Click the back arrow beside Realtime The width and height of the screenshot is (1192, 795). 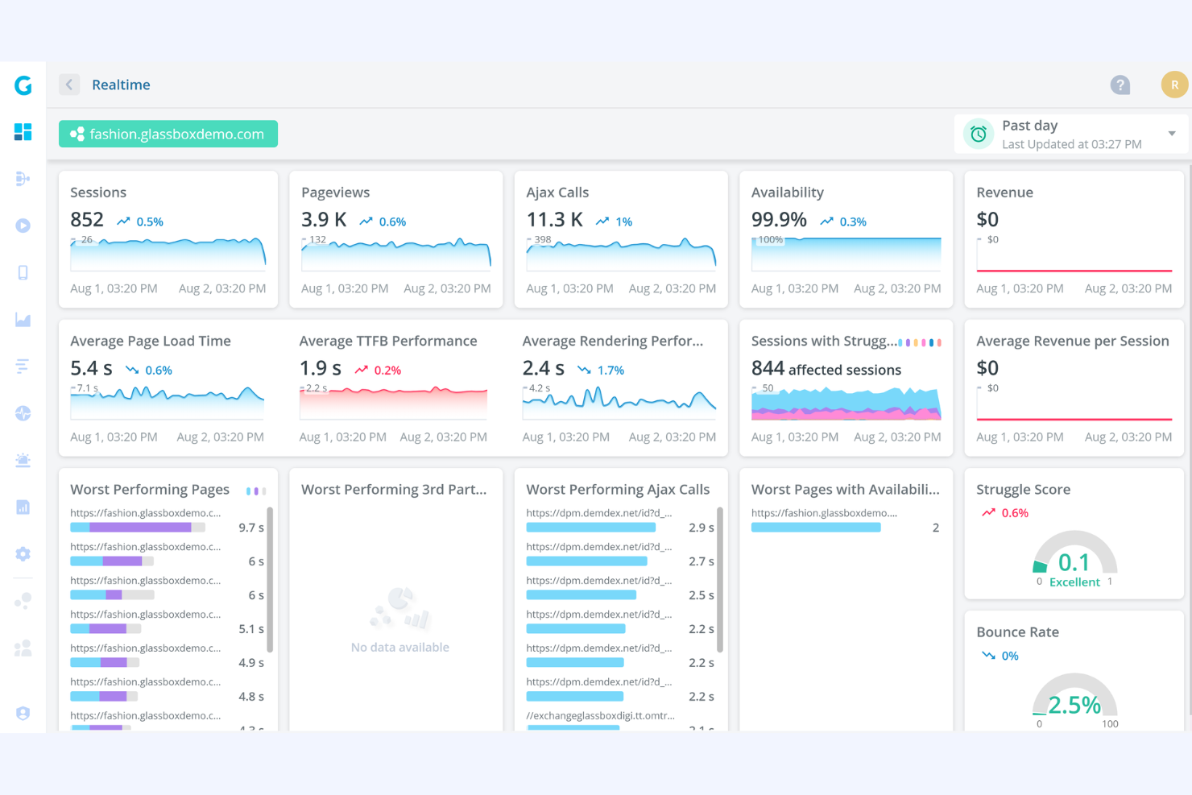tap(69, 85)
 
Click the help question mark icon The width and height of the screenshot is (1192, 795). tap(1120, 85)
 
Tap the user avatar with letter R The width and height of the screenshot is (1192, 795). tap(1173, 85)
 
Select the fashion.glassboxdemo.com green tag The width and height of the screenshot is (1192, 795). tap(168, 134)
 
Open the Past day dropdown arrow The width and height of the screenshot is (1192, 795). tap(1172, 134)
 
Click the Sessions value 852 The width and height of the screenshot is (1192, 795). tap(87, 220)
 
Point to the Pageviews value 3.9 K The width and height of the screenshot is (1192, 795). tap(324, 220)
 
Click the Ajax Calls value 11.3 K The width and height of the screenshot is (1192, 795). tap(554, 220)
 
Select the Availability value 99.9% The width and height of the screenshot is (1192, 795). tap(779, 220)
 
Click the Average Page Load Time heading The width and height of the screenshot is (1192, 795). tap(151, 341)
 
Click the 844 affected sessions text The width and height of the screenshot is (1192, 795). tap(826, 369)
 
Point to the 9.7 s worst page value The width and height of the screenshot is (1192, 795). tap(251, 528)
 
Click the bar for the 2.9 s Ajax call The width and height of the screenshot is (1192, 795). tap(590, 528)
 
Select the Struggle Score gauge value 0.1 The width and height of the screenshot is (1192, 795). tap(1074, 562)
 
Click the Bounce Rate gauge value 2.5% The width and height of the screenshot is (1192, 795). tap(1074, 706)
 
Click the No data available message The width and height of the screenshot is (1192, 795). tap(399, 648)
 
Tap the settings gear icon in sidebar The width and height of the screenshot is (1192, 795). tap(23, 554)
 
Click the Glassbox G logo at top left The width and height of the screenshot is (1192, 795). tap(23, 85)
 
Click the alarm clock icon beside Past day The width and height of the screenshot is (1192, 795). tap(978, 134)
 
